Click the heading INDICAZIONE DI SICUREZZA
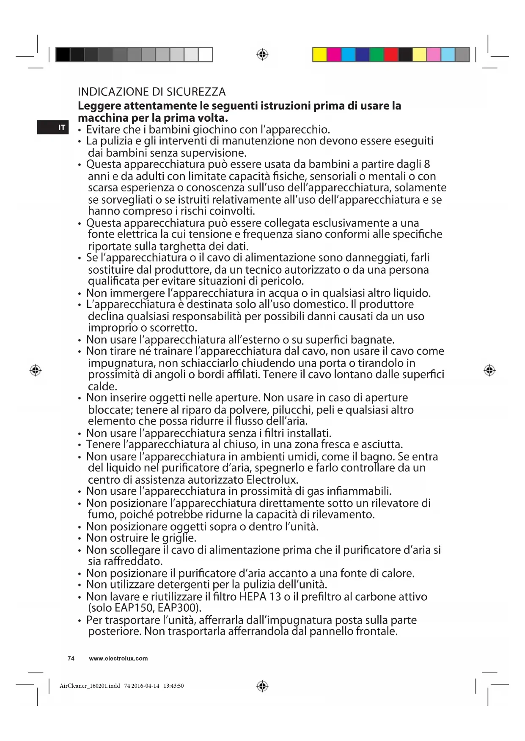click(x=151, y=92)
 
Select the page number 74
click(x=71, y=658)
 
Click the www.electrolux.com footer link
click(x=118, y=658)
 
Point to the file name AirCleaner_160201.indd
click(x=90, y=686)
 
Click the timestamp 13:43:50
click(x=173, y=686)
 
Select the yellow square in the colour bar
click(x=319, y=54)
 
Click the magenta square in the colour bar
click(x=334, y=54)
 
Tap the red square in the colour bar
click(x=391, y=54)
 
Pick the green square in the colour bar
click(x=377, y=54)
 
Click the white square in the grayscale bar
click(x=205, y=54)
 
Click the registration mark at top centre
click(x=262, y=54)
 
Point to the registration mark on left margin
click(x=36, y=370)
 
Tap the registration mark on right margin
click(x=489, y=370)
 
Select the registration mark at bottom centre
click(x=262, y=686)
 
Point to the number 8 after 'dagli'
click(x=427, y=164)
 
